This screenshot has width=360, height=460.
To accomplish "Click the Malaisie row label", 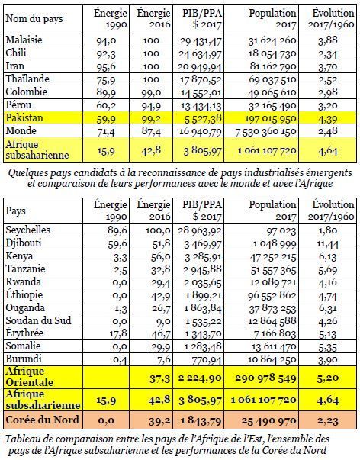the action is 24,40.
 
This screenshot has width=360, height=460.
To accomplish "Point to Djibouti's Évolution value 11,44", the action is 328,243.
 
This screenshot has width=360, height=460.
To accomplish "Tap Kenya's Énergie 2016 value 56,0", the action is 161,256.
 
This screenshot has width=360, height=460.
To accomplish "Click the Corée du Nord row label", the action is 42,420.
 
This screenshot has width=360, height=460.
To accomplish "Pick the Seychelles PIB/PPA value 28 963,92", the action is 200,230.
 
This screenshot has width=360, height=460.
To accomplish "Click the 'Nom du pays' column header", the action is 34,19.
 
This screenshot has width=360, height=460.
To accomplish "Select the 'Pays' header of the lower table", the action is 15,211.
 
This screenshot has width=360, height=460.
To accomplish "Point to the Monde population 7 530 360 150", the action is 266,131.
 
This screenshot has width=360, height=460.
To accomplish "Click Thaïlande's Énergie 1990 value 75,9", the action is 106,80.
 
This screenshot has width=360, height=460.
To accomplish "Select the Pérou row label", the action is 18,105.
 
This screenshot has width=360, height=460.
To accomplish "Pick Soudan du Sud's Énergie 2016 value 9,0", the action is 164,320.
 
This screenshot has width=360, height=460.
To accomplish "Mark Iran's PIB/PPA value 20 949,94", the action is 200,67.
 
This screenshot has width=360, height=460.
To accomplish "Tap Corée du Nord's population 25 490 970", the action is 268,420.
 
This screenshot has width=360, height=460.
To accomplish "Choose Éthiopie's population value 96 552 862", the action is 272,294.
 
